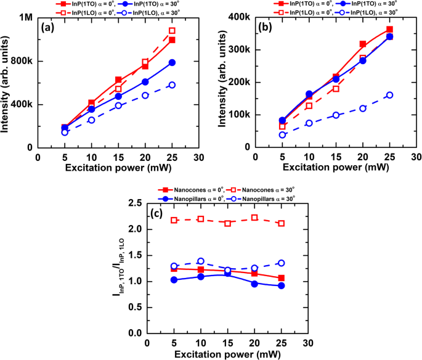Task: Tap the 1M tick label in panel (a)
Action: (25, 18)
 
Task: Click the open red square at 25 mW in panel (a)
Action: (172, 30)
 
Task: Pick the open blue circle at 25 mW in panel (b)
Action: (389, 95)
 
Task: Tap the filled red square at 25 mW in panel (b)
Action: (389, 30)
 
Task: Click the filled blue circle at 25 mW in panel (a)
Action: (172, 62)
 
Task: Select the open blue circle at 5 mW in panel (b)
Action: (283, 135)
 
